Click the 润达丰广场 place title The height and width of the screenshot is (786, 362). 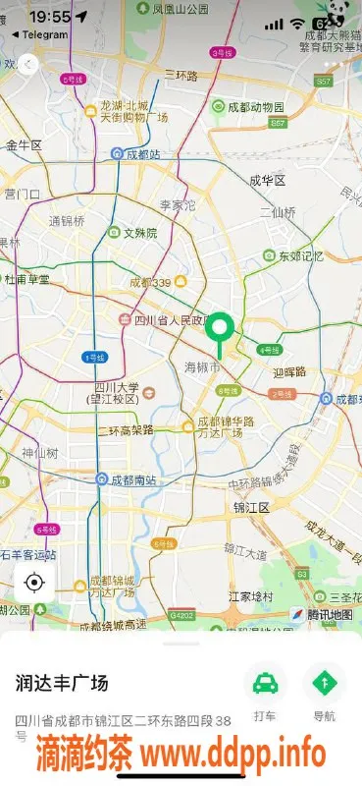61,683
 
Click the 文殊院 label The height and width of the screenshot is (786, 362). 133,233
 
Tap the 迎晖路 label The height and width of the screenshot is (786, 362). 289,371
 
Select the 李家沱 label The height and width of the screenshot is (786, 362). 178,205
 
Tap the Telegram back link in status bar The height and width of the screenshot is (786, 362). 40,34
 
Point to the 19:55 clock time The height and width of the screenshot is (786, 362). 50,17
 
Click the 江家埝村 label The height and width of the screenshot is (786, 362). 251,595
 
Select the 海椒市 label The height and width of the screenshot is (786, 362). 203,366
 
